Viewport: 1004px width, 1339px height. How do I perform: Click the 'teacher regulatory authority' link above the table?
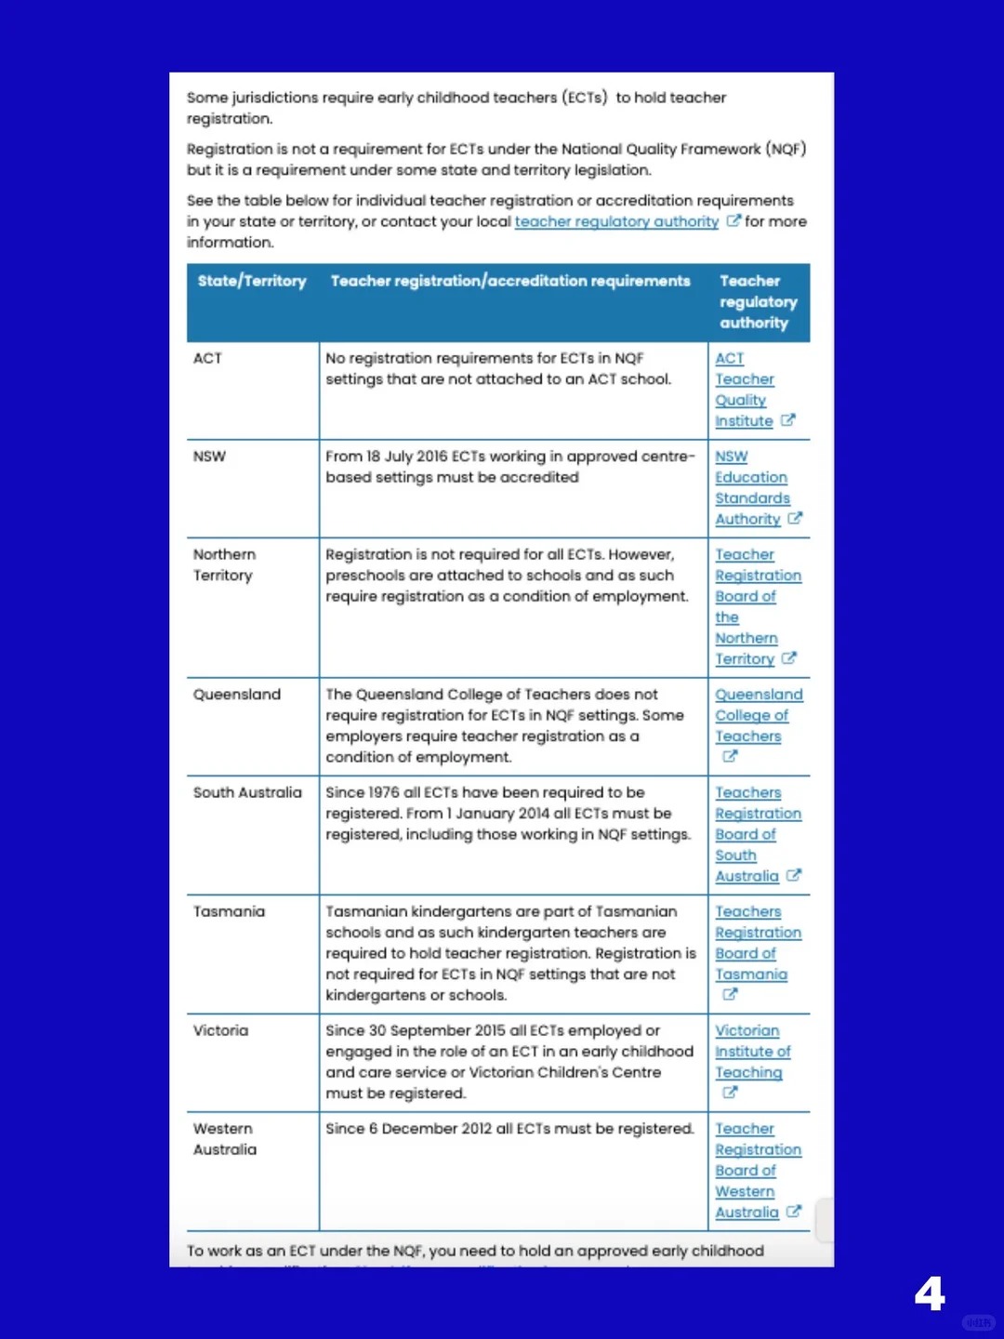click(616, 221)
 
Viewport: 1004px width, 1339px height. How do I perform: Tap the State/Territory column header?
click(252, 281)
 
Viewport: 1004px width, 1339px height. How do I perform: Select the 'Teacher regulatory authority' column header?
click(758, 301)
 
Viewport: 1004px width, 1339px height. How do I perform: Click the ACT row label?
click(208, 358)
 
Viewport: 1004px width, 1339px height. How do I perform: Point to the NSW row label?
click(209, 457)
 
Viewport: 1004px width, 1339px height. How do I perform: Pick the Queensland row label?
click(237, 695)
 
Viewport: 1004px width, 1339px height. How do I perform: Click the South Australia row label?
click(247, 792)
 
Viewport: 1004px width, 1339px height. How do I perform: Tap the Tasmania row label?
click(229, 911)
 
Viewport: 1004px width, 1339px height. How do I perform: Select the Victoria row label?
click(220, 1030)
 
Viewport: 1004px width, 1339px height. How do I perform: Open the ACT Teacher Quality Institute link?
click(745, 390)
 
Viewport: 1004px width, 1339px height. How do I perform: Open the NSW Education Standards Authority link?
click(752, 488)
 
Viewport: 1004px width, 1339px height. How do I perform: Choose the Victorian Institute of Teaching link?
click(751, 1052)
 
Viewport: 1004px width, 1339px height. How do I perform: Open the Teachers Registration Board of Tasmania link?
click(757, 943)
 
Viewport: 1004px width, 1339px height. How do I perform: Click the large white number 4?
click(930, 1293)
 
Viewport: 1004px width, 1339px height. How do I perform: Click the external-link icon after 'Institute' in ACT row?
click(788, 420)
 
